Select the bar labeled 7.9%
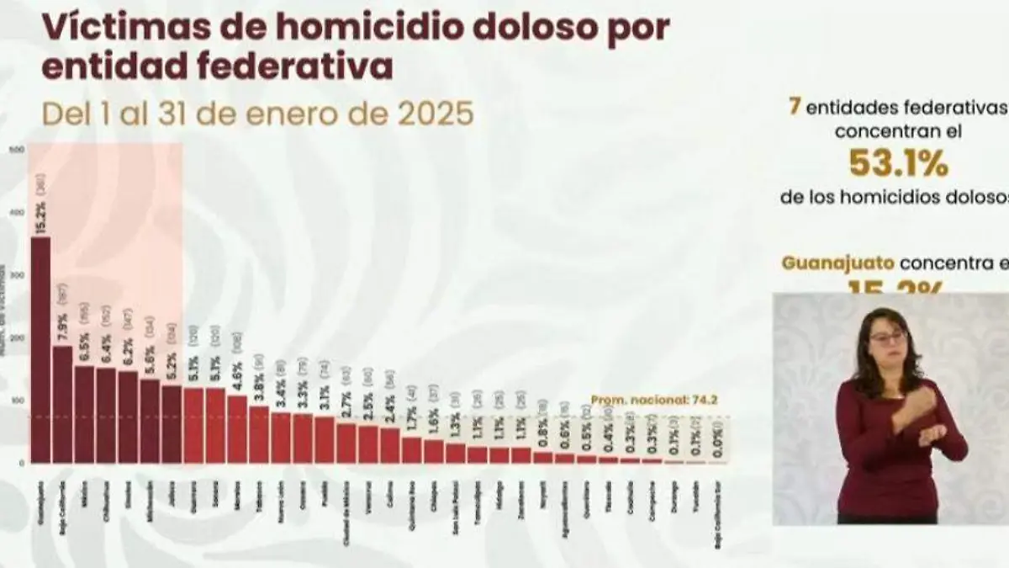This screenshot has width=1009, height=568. [x=62, y=404]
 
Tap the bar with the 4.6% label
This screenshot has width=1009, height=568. [x=237, y=429]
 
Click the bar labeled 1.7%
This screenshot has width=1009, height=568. [x=412, y=450]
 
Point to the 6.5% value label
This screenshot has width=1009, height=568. [x=84, y=350]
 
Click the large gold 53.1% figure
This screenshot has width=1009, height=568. [x=898, y=163]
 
